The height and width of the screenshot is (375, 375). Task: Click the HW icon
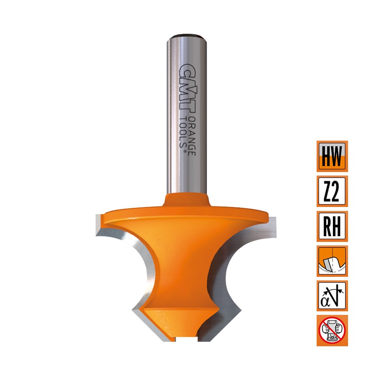[332, 157]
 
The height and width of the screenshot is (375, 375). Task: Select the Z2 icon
[332, 191]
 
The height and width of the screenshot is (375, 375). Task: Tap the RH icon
[332, 226]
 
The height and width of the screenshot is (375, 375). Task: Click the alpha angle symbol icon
[332, 296]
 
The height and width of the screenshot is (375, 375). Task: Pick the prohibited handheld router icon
[332, 331]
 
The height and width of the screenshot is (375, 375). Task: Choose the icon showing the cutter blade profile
[332, 261]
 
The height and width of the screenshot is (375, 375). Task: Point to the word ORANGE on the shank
[192, 136]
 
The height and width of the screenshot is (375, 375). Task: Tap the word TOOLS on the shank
[183, 131]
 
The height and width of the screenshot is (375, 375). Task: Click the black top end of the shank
[187, 36]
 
